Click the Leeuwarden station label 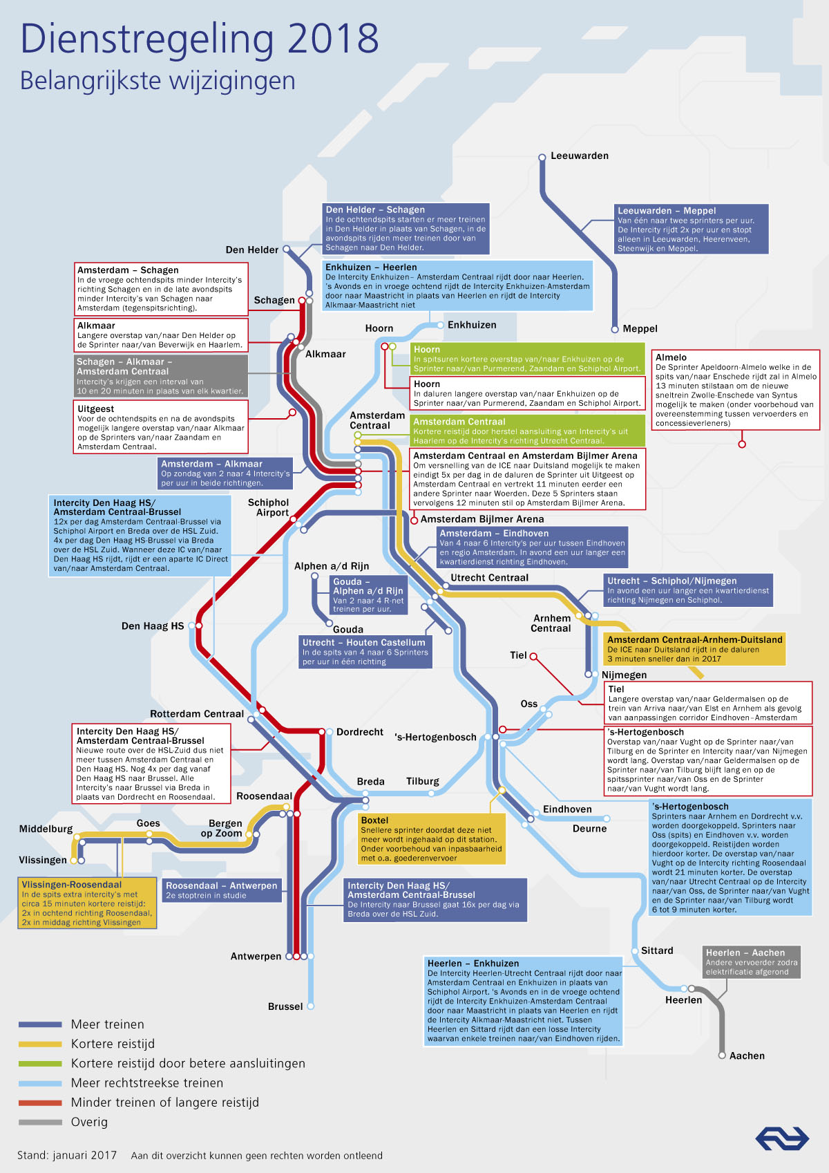[x=580, y=156]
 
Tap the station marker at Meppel [x=615, y=330]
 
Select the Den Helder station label [x=251, y=250]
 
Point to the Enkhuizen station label [x=472, y=325]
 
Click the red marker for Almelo [x=741, y=444]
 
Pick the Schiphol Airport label [x=268, y=507]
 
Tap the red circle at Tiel [x=533, y=656]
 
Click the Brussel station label [x=285, y=1006]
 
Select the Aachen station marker [x=722, y=1055]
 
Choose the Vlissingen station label [x=43, y=860]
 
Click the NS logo [x=782, y=1138]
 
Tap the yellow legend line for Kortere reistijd [x=40, y=1044]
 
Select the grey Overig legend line [x=40, y=1122]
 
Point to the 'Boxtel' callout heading [x=374, y=820]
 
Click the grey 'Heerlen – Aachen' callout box [x=752, y=961]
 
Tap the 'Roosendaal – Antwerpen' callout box [x=221, y=890]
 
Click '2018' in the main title [x=333, y=38]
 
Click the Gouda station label [x=348, y=630]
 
